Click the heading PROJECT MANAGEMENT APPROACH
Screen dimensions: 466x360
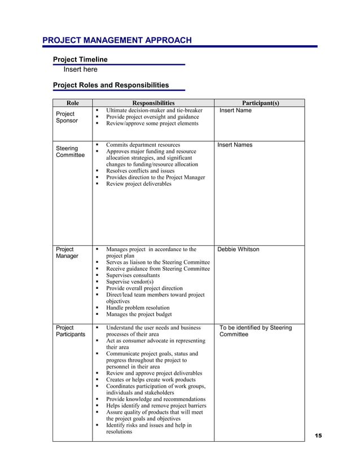pos(117,40)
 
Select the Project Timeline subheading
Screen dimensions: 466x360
pos(80,59)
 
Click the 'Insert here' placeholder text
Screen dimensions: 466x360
pos(80,69)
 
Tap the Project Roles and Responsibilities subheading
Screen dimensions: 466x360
pos(111,85)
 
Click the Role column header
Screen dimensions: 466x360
pos(72,103)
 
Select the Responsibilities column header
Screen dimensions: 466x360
pos(153,103)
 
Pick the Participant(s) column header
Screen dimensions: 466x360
pos(260,103)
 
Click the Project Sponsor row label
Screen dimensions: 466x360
pos(67,117)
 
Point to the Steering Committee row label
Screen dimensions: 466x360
pos(70,152)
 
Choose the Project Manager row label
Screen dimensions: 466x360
pos(67,252)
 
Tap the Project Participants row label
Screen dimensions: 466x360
pos(70,331)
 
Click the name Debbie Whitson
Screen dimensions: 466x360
pos(239,249)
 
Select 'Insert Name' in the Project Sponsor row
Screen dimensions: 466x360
pos(235,111)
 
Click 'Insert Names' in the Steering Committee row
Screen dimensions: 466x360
pos(235,145)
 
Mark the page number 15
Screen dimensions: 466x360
pos(318,436)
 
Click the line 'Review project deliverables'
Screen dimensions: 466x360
pos(138,184)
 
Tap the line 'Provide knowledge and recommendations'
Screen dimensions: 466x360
pos(156,398)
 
